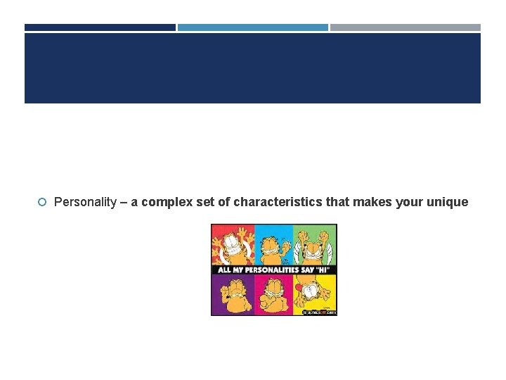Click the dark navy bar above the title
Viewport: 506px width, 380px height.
[100, 27]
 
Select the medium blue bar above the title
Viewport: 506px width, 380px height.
[252, 27]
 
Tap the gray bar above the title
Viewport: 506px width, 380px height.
[406, 27]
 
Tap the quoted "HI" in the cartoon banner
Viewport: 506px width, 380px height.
[326, 270]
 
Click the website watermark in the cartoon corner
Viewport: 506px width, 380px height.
[320, 311]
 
